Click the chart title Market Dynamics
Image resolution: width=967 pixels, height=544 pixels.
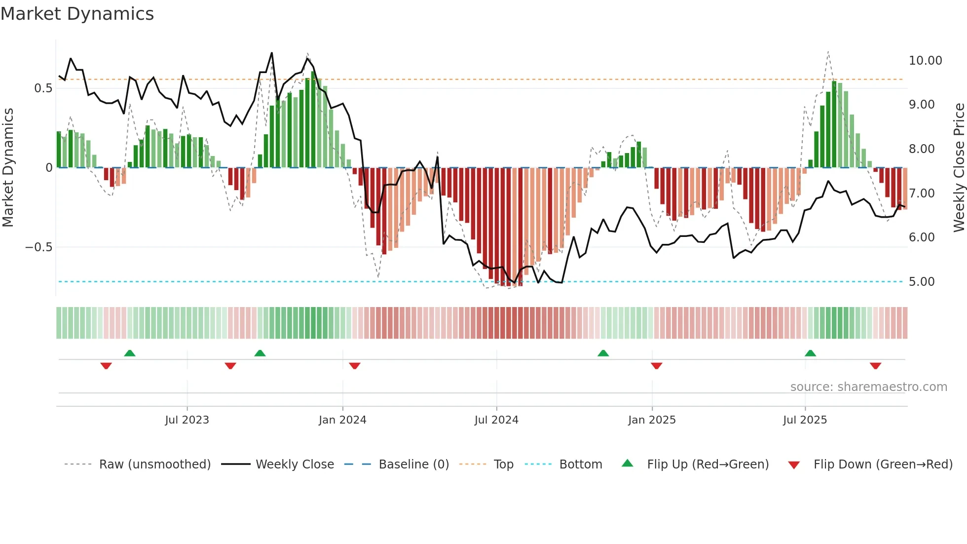click(77, 14)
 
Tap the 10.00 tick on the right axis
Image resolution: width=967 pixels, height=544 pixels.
click(925, 61)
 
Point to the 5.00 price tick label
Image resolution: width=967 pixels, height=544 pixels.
click(922, 282)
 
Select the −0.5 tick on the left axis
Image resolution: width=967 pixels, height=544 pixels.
click(38, 247)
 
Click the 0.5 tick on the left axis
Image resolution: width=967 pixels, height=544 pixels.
click(43, 88)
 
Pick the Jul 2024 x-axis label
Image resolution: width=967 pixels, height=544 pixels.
click(496, 420)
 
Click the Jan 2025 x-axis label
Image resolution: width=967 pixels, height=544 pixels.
click(652, 420)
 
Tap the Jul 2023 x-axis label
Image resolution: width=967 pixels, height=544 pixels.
click(187, 420)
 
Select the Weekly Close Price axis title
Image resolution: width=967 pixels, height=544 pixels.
click(959, 167)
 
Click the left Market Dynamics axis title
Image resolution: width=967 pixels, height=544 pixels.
click(8, 167)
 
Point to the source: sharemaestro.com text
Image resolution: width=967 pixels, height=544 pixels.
click(868, 387)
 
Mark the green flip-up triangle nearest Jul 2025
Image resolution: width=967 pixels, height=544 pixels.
click(810, 353)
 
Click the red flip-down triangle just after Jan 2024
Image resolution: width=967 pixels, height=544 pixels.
click(355, 366)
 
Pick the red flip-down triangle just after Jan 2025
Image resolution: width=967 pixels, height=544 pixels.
click(656, 366)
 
